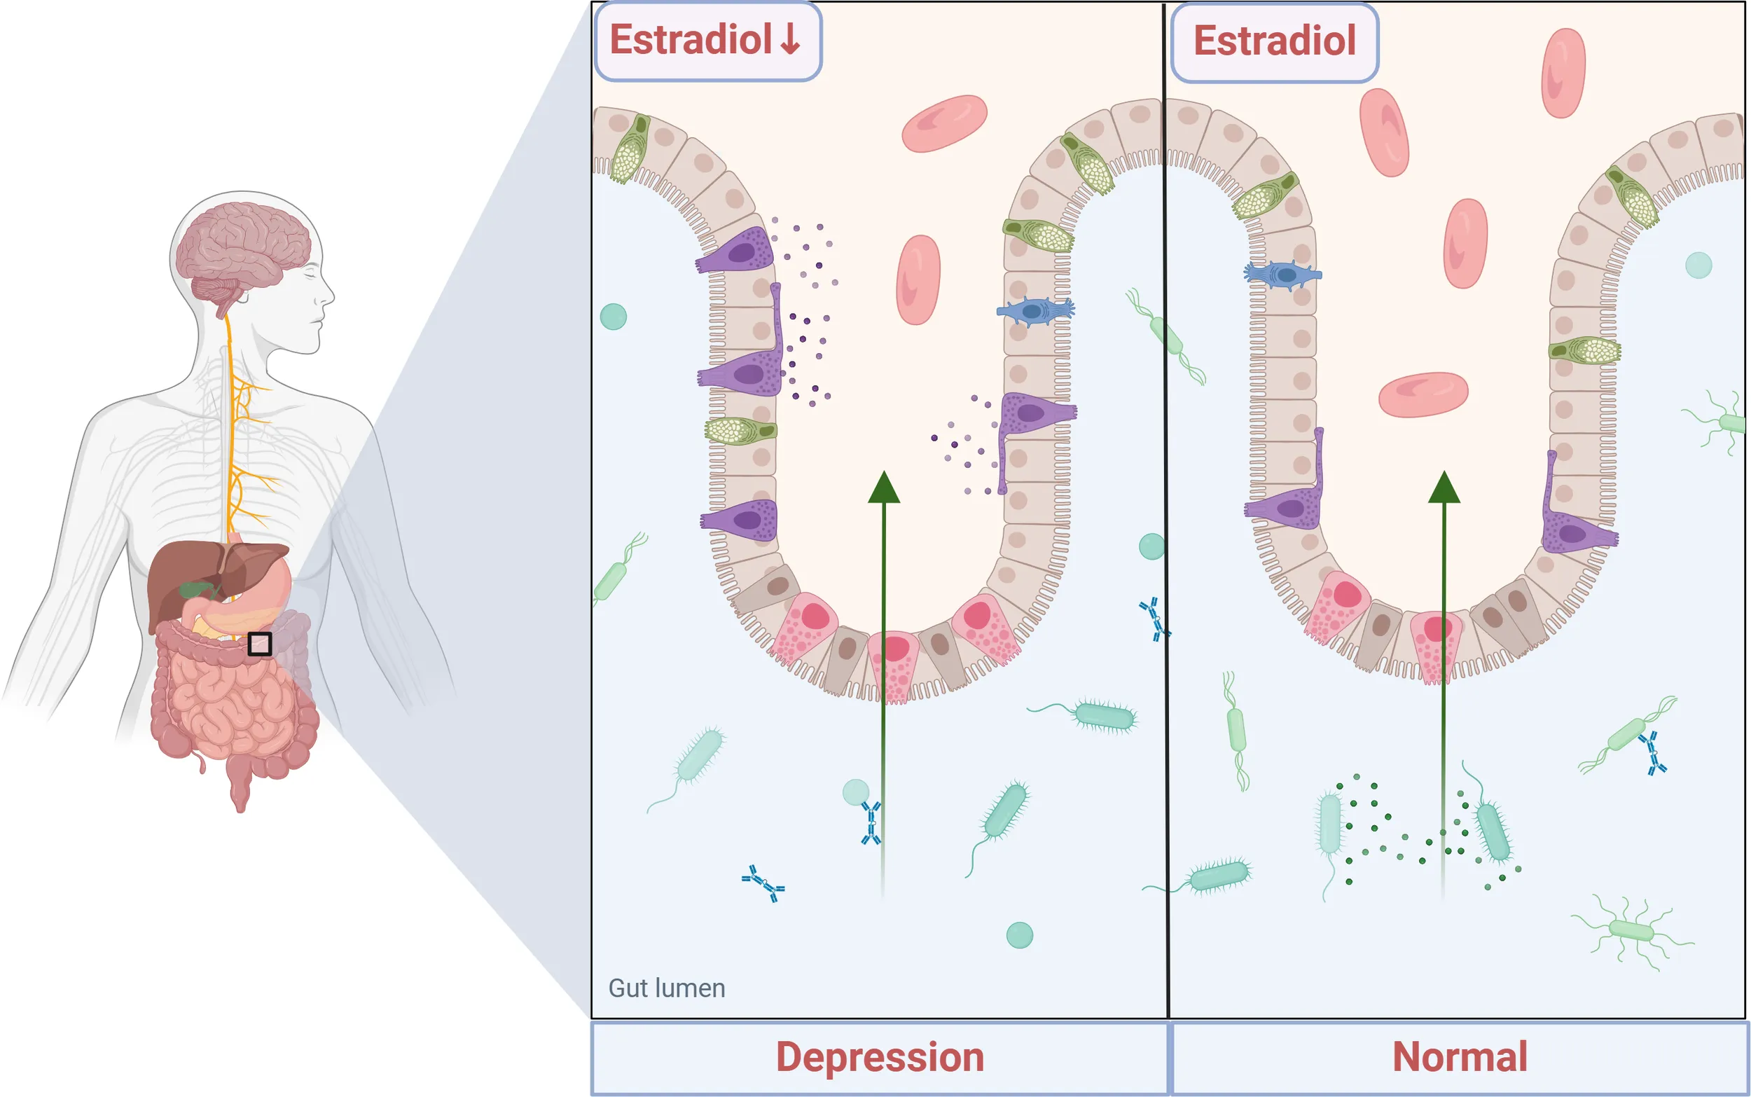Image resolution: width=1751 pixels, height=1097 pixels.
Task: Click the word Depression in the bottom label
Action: click(x=880, y=1057)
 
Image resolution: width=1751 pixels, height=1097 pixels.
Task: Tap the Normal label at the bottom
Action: click(x=1460, y=1056)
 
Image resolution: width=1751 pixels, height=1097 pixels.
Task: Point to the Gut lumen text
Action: click(x=667, y=988)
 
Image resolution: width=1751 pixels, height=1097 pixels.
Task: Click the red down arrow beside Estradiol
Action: click(x=790, y=39)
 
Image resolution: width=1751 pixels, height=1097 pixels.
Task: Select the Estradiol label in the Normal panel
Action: click(x=1275, y=41)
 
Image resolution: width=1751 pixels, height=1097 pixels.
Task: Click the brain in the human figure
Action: click(x=244, y=254)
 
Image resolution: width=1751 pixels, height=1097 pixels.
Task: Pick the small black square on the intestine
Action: click(x=260, y=644)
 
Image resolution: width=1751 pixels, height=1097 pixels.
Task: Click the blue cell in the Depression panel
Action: click(x=1036, y=310)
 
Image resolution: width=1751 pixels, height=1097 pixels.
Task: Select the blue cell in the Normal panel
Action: click(x=1282, y=275)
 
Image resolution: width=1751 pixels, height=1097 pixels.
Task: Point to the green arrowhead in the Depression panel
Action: click(x=883, y=487)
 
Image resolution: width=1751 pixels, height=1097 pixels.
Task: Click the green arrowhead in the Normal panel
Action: click(x=1444, y=487)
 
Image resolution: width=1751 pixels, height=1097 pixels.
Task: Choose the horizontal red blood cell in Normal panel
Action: click(x=1423, y=394)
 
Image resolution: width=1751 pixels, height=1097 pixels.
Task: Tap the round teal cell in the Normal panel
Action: click(x=1698, y=265)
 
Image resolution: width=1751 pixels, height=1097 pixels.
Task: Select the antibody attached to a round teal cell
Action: click(x=871, y=822)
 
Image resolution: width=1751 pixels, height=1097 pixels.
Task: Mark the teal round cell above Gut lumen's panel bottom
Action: click(x=1019, y=935)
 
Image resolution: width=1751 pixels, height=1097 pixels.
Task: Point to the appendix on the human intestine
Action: click(x=199, y=763)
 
